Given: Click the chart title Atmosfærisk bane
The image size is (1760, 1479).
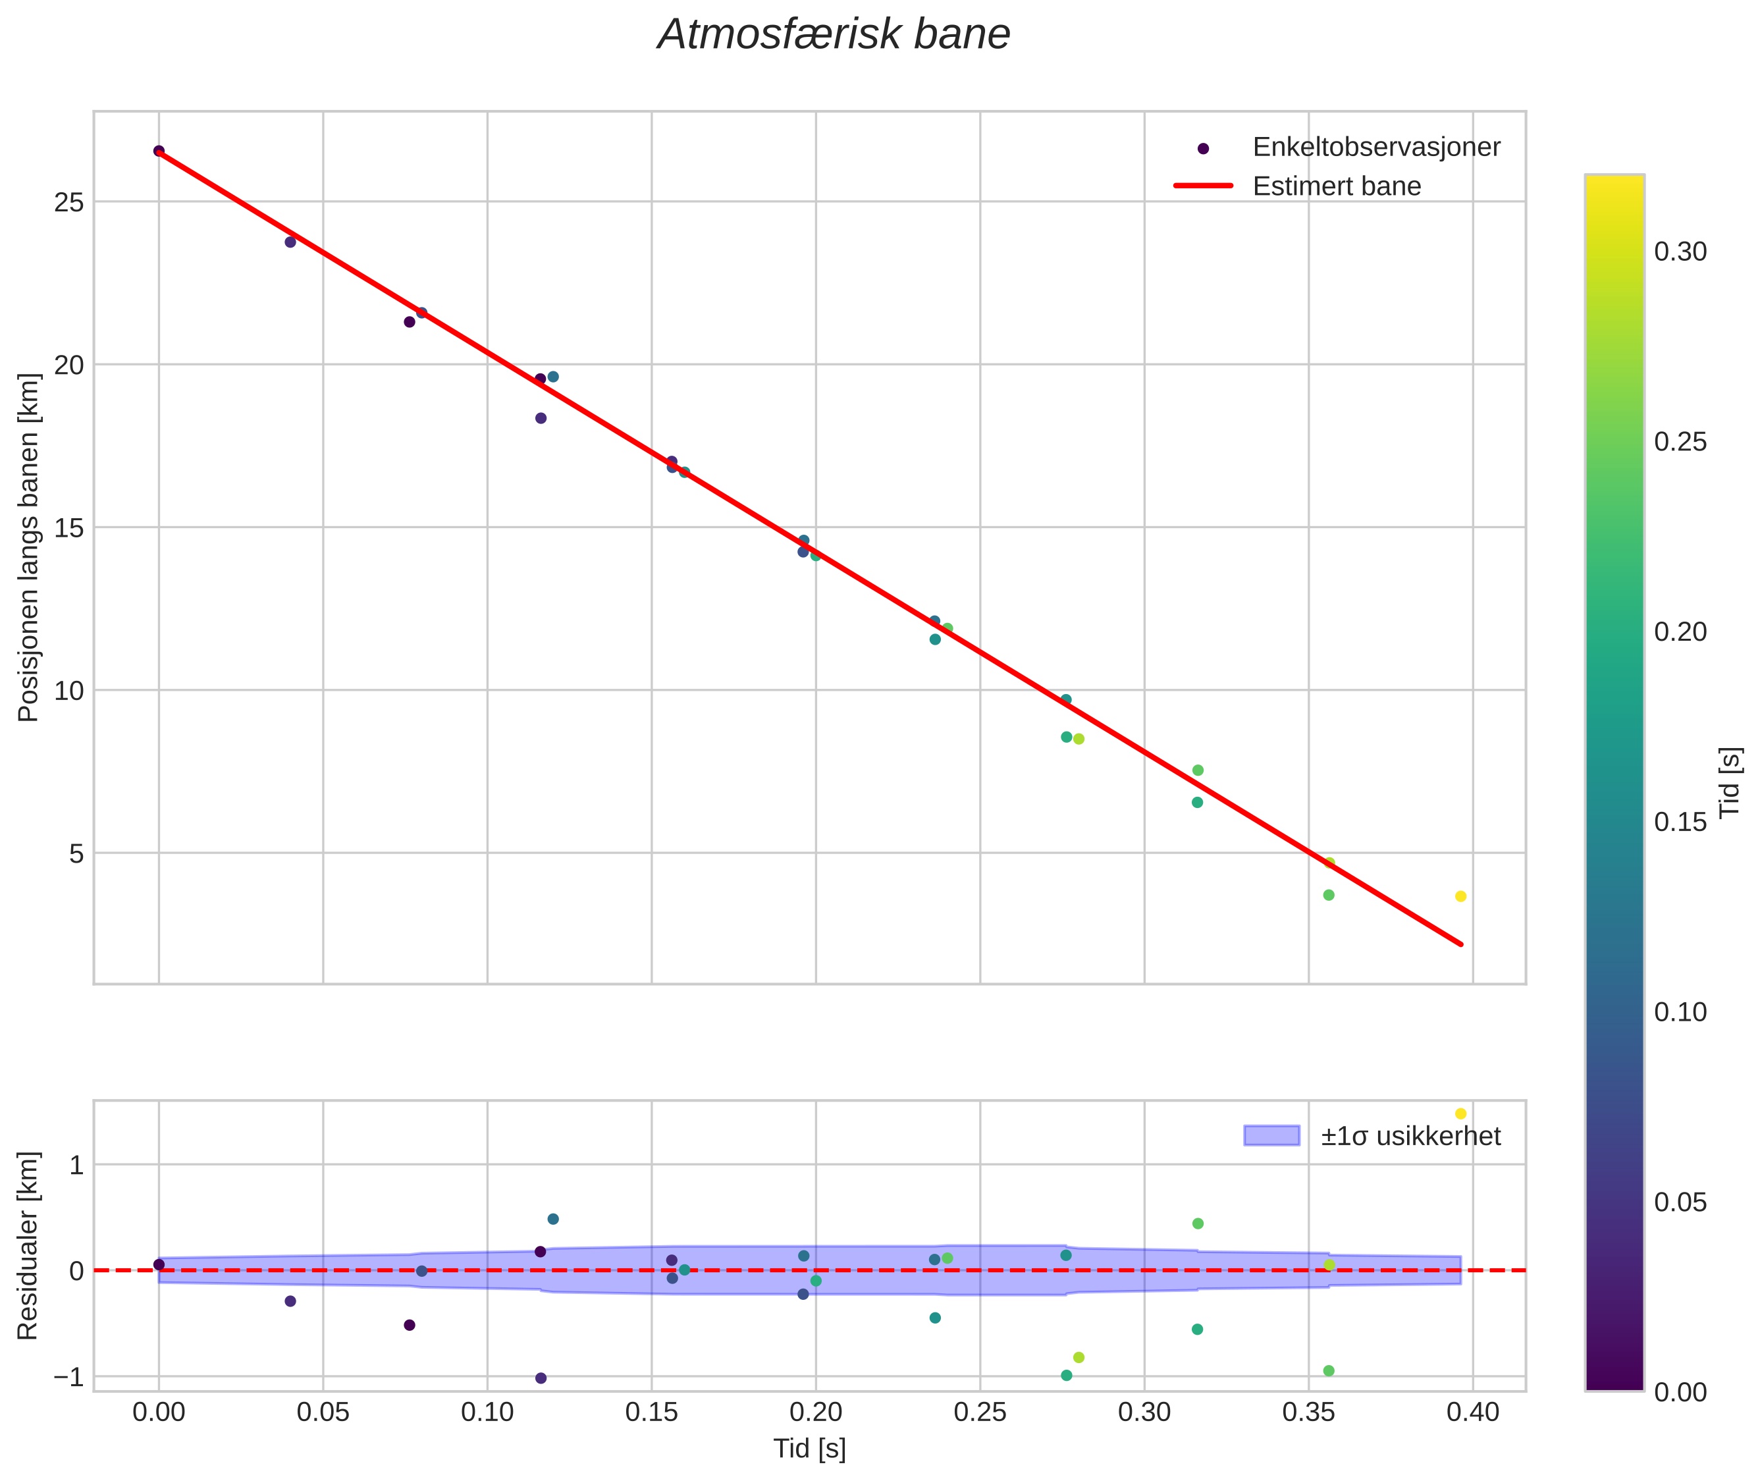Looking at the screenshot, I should (x=834, y=35).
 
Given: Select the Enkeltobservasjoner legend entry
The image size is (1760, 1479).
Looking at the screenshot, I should (x=1375, y=148).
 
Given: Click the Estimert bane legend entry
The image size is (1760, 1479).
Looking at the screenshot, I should (x=1337, y=186).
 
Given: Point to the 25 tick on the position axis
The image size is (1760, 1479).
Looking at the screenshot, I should (x=70, y=202).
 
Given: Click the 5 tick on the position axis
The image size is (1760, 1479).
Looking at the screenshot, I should (x=77, y=854).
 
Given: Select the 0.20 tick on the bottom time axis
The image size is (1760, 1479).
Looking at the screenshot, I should (x=815, y=1412).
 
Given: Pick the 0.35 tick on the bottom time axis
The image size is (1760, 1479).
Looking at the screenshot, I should (x=1308, y=1412).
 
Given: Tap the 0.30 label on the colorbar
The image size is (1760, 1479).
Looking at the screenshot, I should (x=1680, y=252).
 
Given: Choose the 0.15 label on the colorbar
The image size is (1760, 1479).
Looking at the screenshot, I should (x=1680, y=822).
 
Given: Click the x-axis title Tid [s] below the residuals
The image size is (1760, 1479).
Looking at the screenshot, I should (x=809, y=1449).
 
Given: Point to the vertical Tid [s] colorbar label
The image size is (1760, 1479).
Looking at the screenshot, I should (x=1729, y=782).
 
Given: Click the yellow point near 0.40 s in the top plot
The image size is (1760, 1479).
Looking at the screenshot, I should (x=1460, y=896).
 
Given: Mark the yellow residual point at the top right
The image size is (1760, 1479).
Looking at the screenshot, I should (x=1460, y=1114).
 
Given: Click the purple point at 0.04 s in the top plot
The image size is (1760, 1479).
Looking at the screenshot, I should (x=290, y=242).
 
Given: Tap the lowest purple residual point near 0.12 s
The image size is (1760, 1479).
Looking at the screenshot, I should (x=541, y=1378).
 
